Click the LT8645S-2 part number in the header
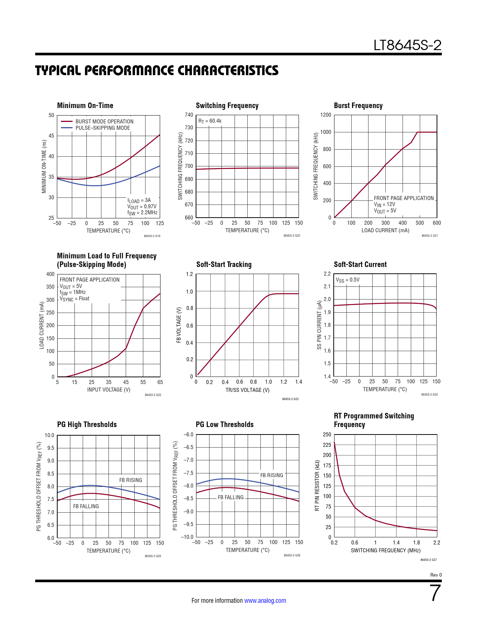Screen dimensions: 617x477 [x=407, y=46]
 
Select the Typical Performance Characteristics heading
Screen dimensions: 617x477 [x=157, y=71]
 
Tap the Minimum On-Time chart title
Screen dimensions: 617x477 [x=85, y=105]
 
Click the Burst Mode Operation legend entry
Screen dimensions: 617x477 [x=104, y=122]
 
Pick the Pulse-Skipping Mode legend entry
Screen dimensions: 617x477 [x=103, y=128]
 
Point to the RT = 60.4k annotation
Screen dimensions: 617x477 [x=210, y=121]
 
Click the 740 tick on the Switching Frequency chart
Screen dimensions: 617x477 [x=189, y=115]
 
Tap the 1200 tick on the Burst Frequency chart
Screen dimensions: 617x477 [x=326, y=115]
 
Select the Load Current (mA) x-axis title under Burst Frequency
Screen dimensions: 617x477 [x=385, y=230]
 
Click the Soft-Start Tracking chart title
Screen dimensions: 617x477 [x=224, y=264]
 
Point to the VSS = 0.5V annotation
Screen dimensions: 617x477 [x=348, y=280]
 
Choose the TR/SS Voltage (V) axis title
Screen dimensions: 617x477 [x=247, y=390]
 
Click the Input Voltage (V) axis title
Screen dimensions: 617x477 [x=108, y=390]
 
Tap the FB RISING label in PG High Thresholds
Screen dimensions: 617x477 [x=131, y=480]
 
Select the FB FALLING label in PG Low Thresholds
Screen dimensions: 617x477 [x=230, y=497]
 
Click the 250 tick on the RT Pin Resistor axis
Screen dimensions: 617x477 [x=327, y=435]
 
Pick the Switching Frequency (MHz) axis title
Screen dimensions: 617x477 [x=385, y=550]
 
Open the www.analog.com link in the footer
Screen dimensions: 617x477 [x=265, y=601]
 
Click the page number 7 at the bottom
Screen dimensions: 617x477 [x=435, y=593]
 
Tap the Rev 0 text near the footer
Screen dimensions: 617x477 [x=436, y=575]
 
